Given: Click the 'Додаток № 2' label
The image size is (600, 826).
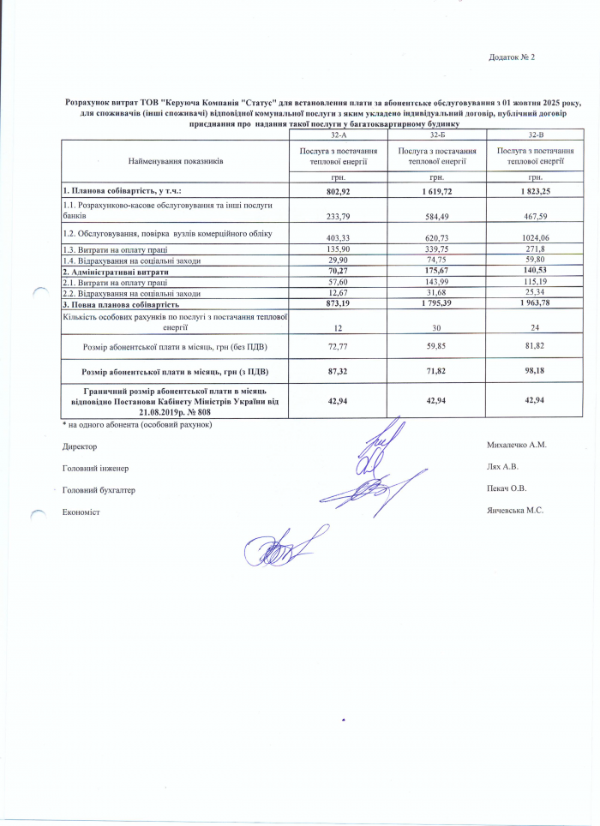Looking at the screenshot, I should tap(511, 57).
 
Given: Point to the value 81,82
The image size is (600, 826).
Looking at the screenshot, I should tap(535, 347).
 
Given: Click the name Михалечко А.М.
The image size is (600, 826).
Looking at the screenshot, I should tap(516, 446).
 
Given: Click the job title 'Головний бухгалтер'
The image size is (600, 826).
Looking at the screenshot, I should tap(99, 490).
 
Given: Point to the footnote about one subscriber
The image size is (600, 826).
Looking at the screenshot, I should tap(137, 425).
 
